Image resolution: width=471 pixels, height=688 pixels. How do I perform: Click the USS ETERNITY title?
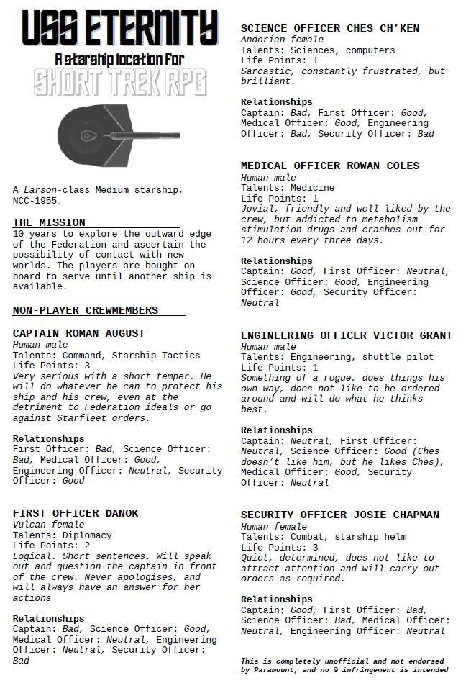119,29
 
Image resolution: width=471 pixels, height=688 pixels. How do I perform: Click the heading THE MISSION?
49,223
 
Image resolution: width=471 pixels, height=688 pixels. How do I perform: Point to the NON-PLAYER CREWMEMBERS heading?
86,311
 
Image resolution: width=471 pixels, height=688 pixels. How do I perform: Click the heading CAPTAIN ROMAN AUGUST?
79,334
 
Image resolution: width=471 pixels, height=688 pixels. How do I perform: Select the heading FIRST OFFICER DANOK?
76,514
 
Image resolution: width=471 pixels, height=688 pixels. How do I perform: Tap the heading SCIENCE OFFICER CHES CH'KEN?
330,29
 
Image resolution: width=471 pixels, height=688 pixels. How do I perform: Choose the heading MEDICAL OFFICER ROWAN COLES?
330,166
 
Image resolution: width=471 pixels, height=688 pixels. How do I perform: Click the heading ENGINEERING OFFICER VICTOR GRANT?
347,336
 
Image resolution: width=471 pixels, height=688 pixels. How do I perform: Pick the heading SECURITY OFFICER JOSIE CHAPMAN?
340,515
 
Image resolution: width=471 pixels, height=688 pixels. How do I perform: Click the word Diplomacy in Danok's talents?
88,535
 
